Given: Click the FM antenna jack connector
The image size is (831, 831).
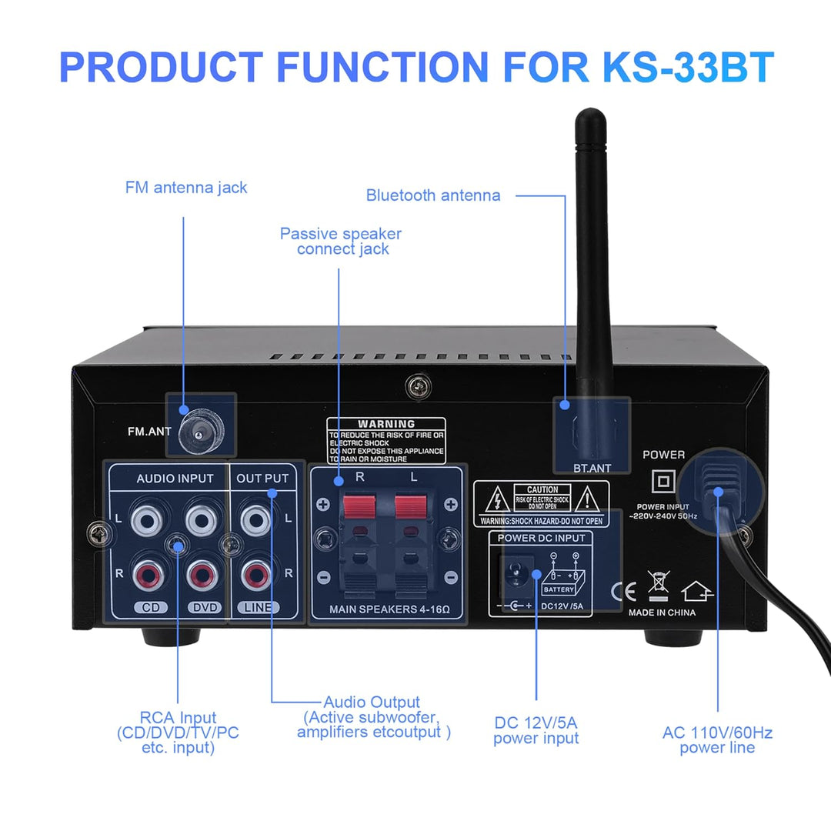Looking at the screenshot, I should coord(199,435).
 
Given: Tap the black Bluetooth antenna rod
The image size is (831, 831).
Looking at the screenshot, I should coord(592,254).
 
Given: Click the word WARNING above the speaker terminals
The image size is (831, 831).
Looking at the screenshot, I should coord(386,424).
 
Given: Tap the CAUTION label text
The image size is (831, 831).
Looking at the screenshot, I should coord(542,490).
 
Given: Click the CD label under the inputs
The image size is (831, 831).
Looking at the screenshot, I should coord(151,607).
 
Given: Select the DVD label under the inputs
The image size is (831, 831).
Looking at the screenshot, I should coord(205,607).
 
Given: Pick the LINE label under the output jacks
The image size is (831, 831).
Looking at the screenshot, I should coord(257,607).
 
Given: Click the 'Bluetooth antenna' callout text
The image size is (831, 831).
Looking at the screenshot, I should coord(433,195).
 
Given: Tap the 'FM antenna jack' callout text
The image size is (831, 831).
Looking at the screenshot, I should coord(186,187).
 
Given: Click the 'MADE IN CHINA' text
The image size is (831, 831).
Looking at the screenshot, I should coord(662,612).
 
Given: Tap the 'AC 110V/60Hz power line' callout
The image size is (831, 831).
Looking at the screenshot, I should coord(717,740).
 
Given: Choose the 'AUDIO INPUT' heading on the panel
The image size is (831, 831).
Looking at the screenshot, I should coord(175,479).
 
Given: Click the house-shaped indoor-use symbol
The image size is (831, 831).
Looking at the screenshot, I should coord(697,591).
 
